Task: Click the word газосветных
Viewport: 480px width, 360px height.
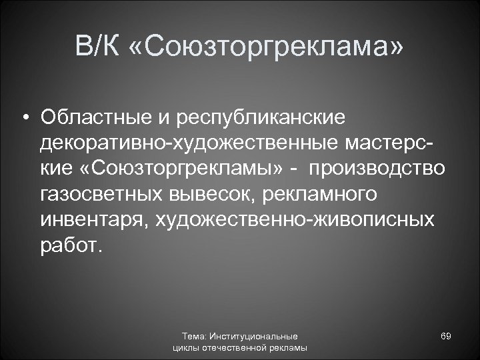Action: click(97, 195)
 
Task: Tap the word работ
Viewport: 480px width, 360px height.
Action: click(71, 245)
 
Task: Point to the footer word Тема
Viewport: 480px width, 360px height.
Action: click(194, 337)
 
